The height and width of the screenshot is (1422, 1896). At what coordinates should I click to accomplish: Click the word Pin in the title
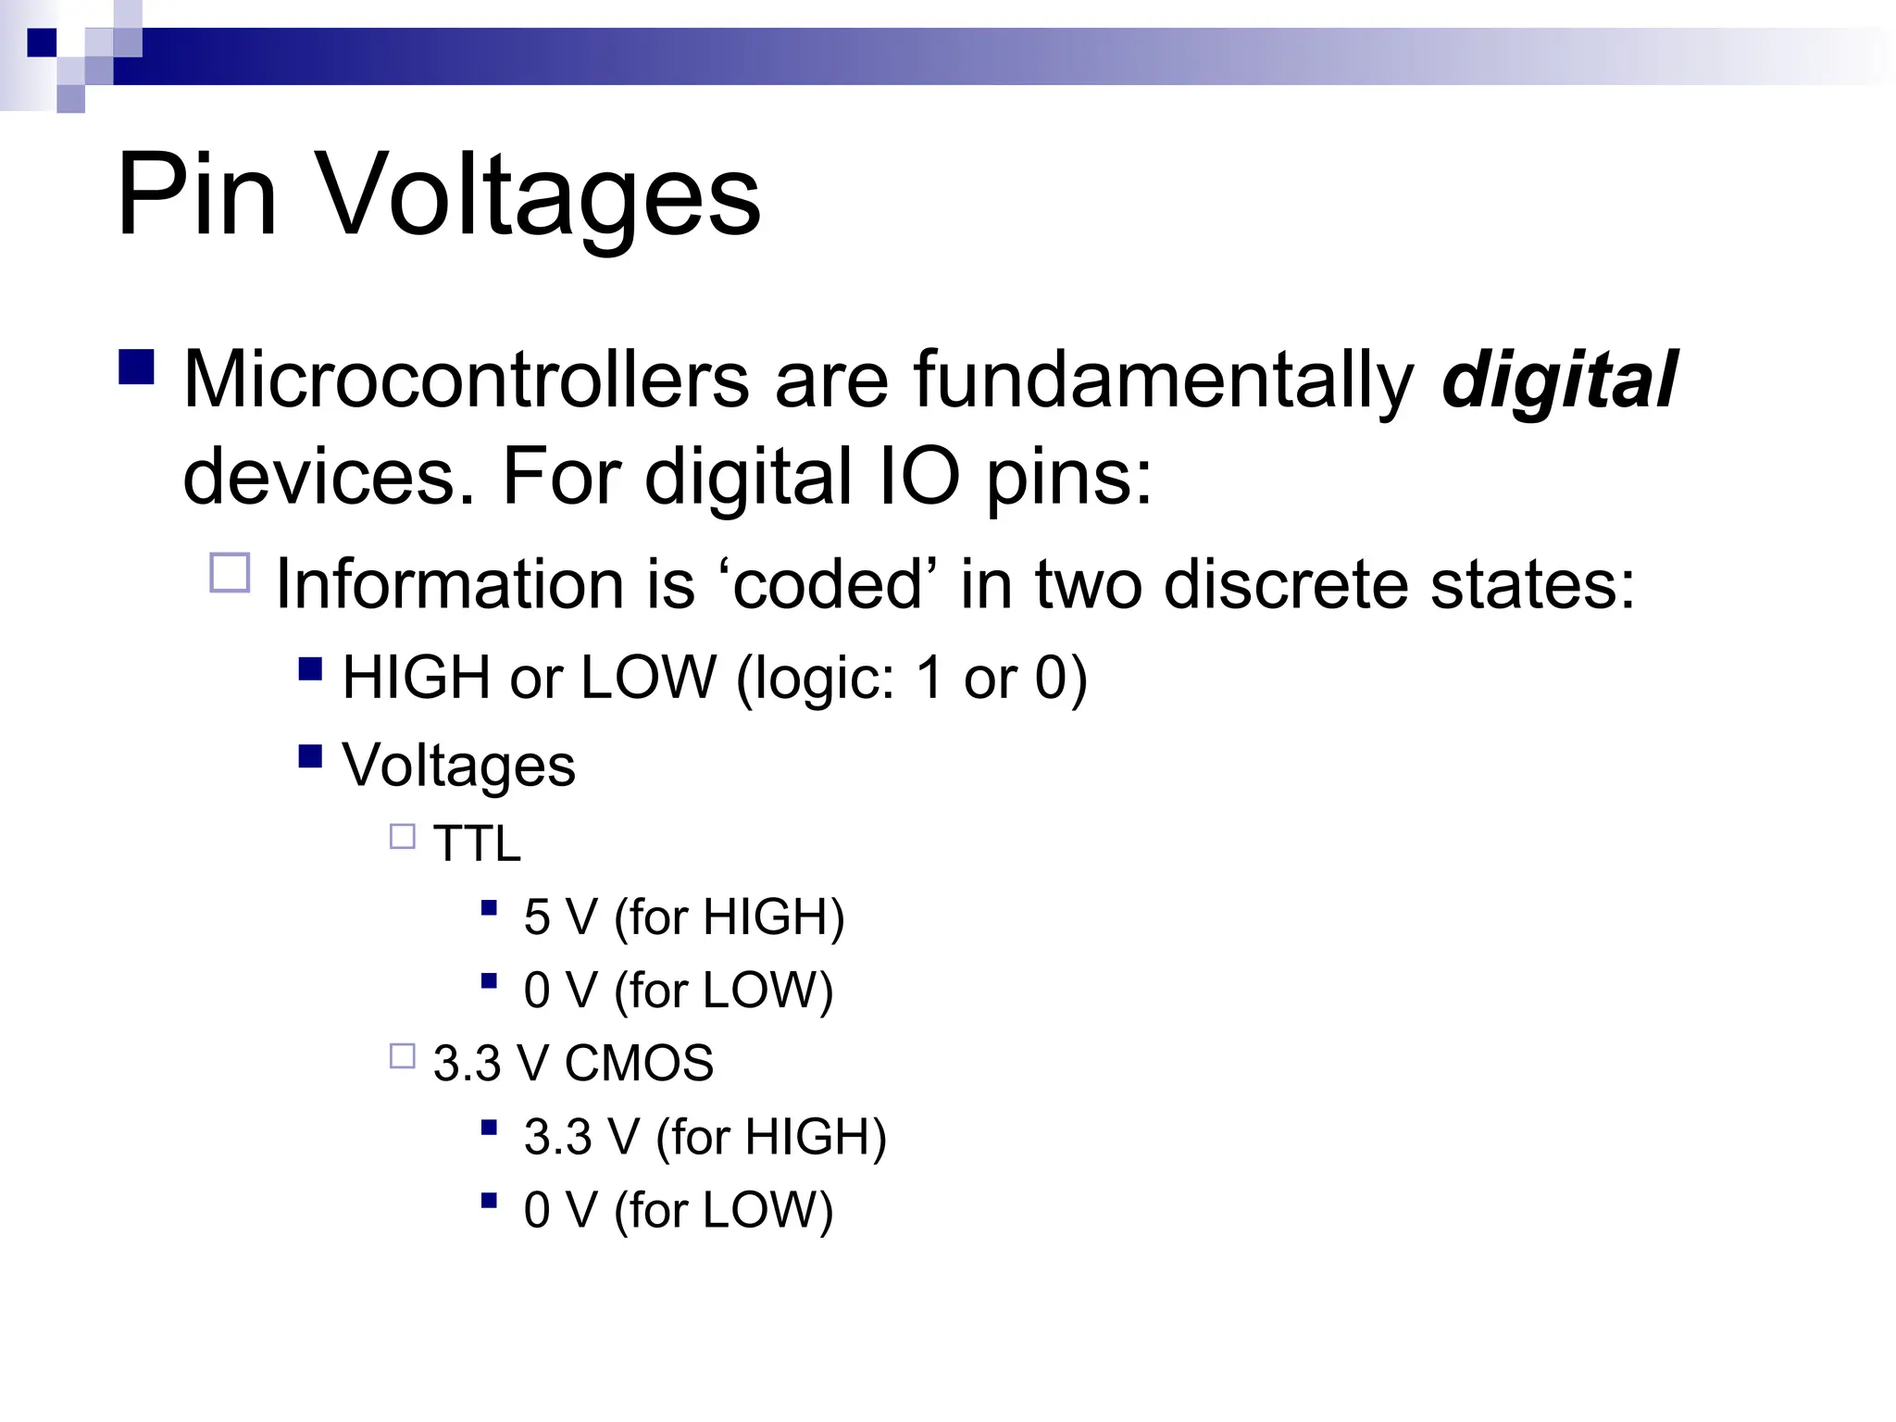tap(196, 195)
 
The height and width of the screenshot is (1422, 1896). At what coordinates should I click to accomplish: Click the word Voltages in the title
tap(539, 197)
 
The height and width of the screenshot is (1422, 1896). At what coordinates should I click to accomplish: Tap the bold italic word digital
tap(1559, 380)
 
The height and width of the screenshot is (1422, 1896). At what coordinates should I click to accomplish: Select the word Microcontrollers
tap(466, 380)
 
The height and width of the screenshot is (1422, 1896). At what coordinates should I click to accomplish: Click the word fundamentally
tap(1164, 380)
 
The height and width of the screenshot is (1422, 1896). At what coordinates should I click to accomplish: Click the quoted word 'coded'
tap(827, 584)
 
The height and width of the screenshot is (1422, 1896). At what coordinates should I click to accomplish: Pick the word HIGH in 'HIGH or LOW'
tap(416, 677)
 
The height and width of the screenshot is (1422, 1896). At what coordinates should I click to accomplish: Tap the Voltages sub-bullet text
tap(458, 766)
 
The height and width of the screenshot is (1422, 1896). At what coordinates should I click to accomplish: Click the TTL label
tap(477, 843)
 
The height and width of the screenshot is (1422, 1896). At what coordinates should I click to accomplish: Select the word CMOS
tap(639, 1063)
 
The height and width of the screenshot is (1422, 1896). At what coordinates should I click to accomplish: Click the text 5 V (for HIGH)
tap(684, 917)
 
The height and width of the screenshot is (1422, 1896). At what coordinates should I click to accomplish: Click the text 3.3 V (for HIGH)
tap(705, 1137)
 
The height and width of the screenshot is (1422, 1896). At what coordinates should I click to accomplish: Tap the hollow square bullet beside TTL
tap(403, 837)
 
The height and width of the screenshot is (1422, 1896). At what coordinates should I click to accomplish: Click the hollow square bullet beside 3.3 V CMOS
tap(403, 1056)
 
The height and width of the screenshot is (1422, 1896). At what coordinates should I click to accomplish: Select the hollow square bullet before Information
tap(231, 573)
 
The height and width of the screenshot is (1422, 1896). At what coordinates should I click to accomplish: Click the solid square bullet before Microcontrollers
tap(137, 367)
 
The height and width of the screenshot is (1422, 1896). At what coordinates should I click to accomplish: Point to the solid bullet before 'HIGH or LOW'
tap(310, 668)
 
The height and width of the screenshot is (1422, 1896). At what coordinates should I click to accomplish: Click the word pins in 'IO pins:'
tap(1069, 478)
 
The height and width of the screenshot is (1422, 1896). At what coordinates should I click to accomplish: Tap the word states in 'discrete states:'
tap(1532, 584)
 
